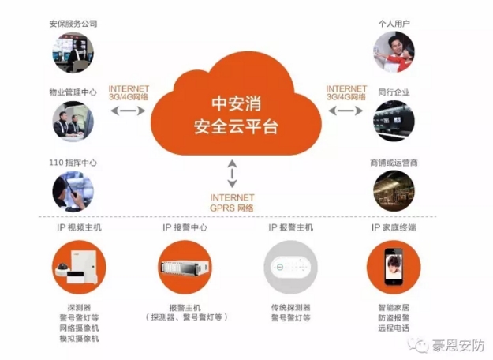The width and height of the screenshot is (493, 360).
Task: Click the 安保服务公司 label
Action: click(73, 24)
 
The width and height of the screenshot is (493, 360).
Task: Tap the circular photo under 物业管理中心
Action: click(73, 121)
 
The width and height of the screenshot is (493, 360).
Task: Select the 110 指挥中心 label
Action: click(73, 163)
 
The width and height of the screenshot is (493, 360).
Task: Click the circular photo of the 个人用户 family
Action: click(394, 52)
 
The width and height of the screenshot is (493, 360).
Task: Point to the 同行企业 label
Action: click(394, 92)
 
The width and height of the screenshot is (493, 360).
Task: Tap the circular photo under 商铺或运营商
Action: click(394, 191)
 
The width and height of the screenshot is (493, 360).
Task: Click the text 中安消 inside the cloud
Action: click(236, 104)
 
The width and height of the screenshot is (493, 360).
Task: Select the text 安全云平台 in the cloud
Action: click(236, 127)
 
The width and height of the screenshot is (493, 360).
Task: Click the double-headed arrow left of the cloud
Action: click(129, 111)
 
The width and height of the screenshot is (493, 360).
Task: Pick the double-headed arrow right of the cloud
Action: click(345, 111)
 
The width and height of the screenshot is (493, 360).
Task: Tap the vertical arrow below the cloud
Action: click(232, 174)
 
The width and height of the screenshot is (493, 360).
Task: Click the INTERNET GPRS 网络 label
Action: click(232, 203)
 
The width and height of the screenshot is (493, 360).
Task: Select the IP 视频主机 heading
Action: click(79, 227)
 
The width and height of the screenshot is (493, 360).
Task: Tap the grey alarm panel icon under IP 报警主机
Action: click(290, 268)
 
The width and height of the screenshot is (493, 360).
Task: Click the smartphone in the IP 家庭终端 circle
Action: click(394, 267)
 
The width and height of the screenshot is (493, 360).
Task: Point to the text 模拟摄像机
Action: click(79, 339)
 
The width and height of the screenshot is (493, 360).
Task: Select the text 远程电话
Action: click(394, 328)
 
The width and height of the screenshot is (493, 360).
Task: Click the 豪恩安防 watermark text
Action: click(458, 346)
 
